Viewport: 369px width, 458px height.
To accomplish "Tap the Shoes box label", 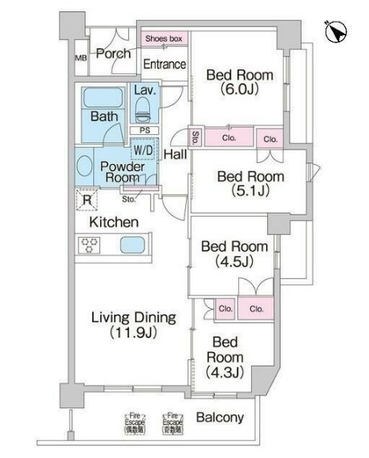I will click(164, 38).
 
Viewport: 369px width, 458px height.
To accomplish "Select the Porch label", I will click(113, 55).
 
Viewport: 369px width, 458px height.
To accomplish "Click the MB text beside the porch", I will click(81, 58).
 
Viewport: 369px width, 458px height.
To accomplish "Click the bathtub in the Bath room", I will click(102, 100).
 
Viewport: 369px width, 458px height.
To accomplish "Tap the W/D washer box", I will click(144, 149).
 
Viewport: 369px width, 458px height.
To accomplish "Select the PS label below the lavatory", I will click(144, 130).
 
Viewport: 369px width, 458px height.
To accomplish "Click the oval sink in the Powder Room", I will click(86, 166).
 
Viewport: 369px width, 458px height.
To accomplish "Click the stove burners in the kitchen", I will click(87, 245).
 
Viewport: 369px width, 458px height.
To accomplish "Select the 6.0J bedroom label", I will click(239, 83).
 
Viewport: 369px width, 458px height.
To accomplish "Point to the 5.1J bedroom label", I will click(251, 184).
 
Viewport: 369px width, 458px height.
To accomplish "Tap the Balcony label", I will click(219, 418).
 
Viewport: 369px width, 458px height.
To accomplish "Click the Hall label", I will click(175, 152).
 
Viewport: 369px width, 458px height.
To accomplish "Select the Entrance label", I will click(164, 64).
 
